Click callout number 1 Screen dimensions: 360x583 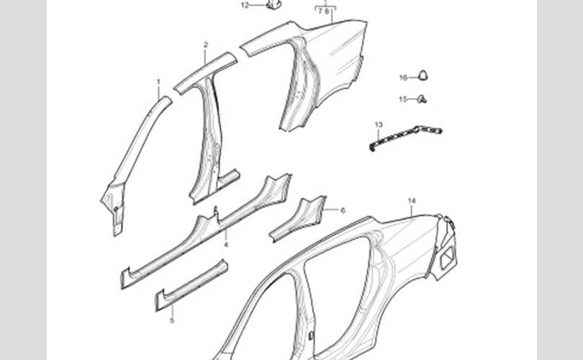pyautogui.click(x=158, y=82)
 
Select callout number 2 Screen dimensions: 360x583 pyautogui.click(x=205, y=45)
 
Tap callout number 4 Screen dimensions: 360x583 pyautogui.click(x=225, y=244)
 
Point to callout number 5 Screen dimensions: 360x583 pyautogui.click(x=171, y=320)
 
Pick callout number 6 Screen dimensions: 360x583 pyautogui.click(x=343, y=210)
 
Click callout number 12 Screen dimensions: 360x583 pyautogui.click(x=245, y=5)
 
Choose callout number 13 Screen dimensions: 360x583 pyautogui.click(x=379, y=125)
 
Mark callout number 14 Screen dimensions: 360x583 pyautogui.click(x=412, y=200)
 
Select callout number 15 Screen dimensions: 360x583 pyautogui.click(x=403, y=99)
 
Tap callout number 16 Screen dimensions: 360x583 pyautogui.click(x=403, y=77)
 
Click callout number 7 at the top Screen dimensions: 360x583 pyautogui.click(x=320, y=12)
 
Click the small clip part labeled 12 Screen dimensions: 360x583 pyautogui.click(x=273, y=4)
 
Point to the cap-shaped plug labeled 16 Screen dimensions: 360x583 pyautogui.click(x=423, y=73)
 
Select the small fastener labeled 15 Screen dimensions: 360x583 pyautogui.click(x=422, y=99)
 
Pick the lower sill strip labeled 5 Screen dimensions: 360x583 pyautogui.click(x=191, y=285)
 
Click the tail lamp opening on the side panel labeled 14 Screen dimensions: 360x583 pyautogui.click(x=446, y=253)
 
